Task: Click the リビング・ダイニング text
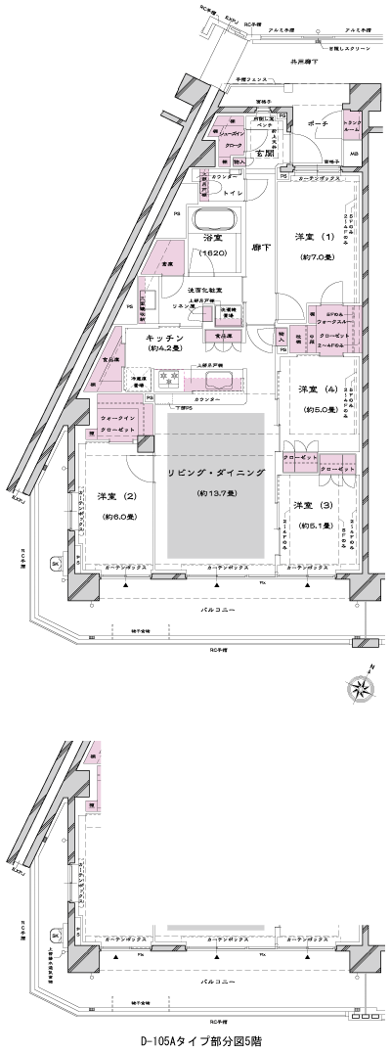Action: (x=215, y=472)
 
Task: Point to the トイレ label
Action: (x=233, y=193)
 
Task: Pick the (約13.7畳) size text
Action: (x=215, y=493)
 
